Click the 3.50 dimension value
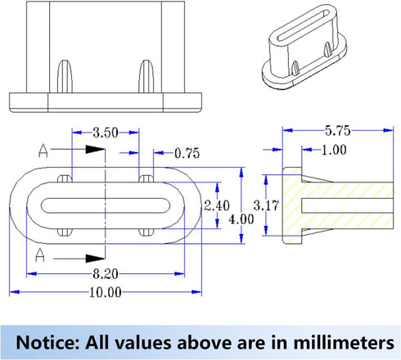point(106,133)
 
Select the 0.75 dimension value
point(187,153)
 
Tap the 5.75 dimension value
point(337,131)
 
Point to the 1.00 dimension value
point(334,150)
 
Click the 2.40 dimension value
point(217,205)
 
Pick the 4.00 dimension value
point(241,219)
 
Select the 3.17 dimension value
point(266,205)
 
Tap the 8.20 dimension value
point(106,274)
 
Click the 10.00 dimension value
point(106,292)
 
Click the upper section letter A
point(43,151)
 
